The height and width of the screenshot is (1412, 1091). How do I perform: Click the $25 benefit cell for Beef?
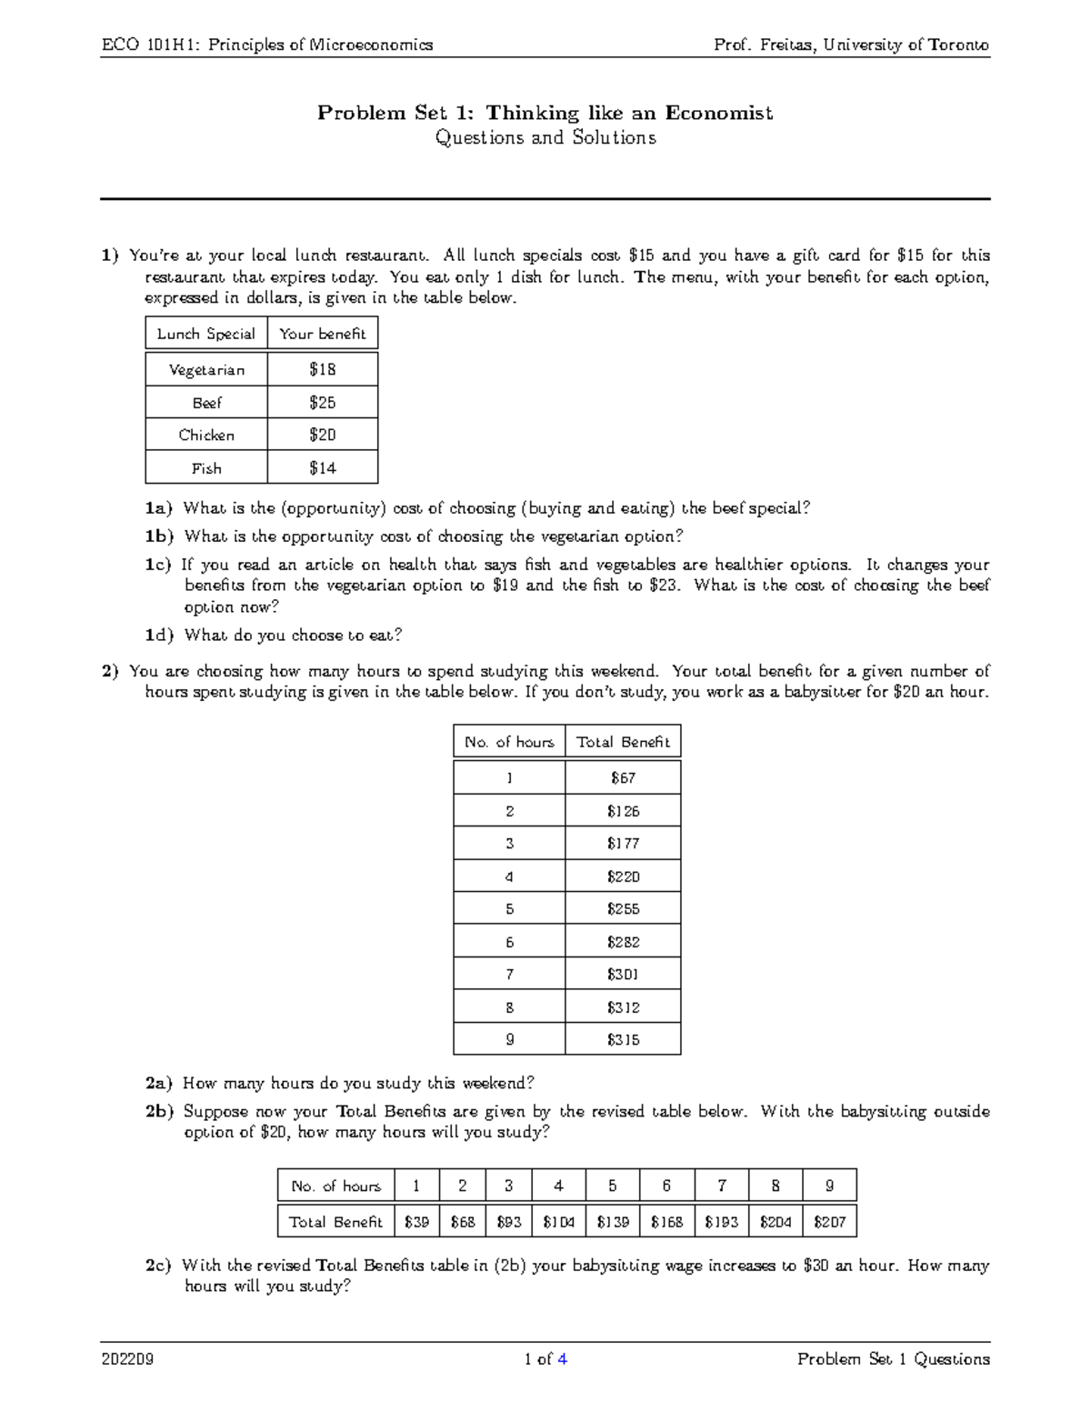coord(322,403)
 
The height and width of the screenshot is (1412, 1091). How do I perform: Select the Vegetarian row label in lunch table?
coord(206,370)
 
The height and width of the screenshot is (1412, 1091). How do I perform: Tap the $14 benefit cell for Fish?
coord(322,468)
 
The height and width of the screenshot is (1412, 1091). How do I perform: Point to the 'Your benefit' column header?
coord(322,334)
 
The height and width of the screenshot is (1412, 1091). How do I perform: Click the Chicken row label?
coord(206,436)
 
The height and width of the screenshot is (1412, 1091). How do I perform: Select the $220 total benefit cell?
coord(623,876)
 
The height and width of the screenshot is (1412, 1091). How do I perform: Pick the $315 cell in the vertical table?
coord(623,1040)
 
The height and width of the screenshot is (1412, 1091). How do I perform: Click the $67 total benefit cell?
coord(623,778)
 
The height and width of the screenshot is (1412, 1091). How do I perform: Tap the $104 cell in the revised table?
coord(558,1222)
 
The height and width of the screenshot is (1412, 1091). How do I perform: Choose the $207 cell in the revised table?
coord(829,1222)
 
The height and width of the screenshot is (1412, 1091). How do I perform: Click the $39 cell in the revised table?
coord(416,1222)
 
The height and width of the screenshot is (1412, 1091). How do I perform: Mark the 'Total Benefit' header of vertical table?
coord(623,742)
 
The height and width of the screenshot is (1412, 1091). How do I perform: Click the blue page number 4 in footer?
coord(563,1360)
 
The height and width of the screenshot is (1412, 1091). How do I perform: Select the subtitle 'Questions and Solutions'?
coord(545,138)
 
